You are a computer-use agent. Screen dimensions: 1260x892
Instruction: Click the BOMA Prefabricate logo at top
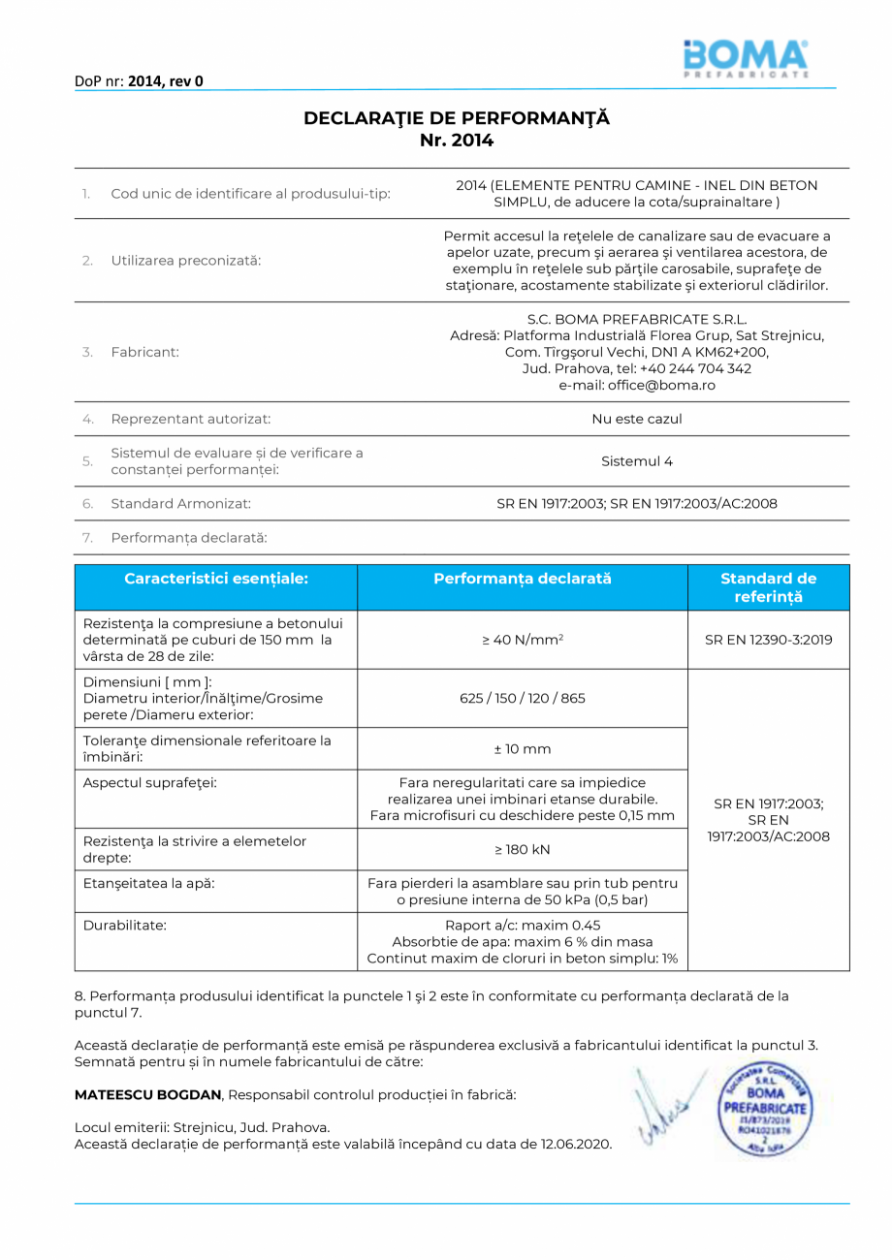tap(745, 58)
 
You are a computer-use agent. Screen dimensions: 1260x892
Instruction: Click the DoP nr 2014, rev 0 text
tap(139, 81)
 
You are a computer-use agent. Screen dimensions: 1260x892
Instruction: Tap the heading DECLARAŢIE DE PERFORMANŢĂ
tap(457, 118)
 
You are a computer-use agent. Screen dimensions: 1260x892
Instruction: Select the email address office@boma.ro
tap(637, 385)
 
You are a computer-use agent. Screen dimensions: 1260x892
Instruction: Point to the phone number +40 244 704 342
tap(695, 368)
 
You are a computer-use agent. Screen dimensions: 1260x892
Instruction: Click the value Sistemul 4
tap(637, 461)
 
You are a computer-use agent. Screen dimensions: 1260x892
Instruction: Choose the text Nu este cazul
tap(637, 419)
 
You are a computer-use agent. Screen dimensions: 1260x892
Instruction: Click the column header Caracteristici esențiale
tap(216, 579)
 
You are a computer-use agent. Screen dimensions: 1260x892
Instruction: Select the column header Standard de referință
tap(768, 587)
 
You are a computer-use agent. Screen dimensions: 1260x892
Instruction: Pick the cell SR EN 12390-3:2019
tap(768, 640)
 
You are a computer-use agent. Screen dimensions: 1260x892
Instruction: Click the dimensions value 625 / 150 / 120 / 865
tap(523, 698)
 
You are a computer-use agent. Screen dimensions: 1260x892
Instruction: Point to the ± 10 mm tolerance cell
tap(523, 749)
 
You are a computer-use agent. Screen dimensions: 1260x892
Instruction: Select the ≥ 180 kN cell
tap(523, 849)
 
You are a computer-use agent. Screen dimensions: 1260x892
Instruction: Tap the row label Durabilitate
tap(125, 925)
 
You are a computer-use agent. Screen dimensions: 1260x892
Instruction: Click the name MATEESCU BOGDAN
tap(148, 1094)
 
